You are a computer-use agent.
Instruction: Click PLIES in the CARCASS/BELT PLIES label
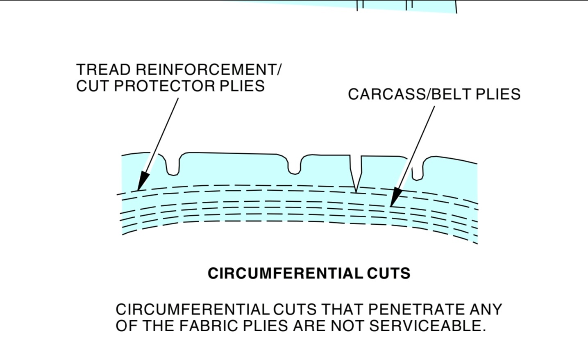pyautogui.click(x=498, y=94)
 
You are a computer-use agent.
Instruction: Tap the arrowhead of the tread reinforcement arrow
pyautogui.click(x=142, y=183)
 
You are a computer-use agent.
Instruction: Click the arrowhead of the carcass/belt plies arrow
pyautogui.click(x=395, y=198)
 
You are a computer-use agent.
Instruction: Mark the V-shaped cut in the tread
pyautogui.click(x=356, y=172)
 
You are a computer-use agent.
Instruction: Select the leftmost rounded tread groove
pyautogui.click(x=173, y=166)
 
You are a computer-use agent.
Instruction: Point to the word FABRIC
pyautogui.click(x=209, y=326)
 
